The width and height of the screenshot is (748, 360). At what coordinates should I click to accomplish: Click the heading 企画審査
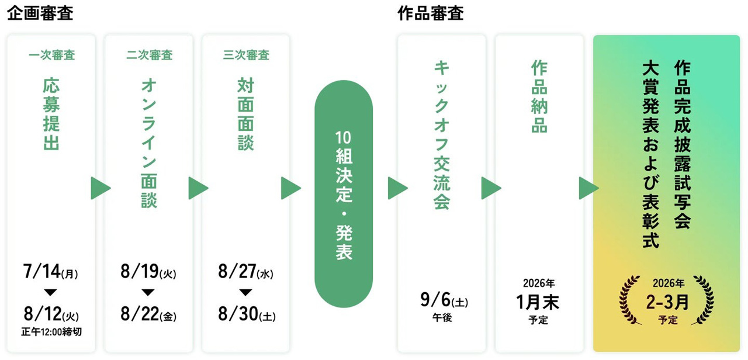(40, 13)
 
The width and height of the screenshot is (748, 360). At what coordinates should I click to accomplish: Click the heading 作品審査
(431, 13)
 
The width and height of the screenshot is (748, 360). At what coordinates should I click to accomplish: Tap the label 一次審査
(52, 55)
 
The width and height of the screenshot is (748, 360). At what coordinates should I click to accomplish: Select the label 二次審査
(149, 55)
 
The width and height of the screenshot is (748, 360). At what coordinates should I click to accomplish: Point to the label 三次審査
(246, 55)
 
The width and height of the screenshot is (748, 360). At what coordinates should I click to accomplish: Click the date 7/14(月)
(50, 271)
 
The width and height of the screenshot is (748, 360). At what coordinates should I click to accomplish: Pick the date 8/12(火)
(51, 314)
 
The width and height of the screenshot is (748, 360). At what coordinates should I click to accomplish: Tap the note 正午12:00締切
(51, 332)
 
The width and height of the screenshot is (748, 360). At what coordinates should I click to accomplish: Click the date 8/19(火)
(148, 271)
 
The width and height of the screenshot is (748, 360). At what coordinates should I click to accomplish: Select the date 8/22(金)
(148, 314)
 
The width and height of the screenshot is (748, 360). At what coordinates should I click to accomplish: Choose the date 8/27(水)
(246, 271)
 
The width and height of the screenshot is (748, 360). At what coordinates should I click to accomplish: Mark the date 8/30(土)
(247, 314)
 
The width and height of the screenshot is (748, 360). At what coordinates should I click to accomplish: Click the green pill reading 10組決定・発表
(344, 193)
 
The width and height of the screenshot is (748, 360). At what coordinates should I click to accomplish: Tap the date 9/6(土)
(444, 300)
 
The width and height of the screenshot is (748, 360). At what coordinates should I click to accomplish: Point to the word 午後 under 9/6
(442, 317)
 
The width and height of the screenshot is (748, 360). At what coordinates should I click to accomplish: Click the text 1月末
(537, 302)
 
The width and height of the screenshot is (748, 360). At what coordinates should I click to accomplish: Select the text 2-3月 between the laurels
(667, 302)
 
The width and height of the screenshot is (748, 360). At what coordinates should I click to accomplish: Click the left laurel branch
(630, 300)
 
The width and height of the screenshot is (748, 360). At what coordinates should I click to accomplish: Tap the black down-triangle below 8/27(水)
(246, 293)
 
